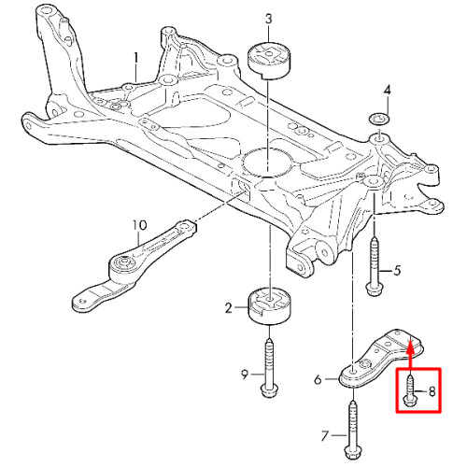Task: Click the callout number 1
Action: coord(135,59)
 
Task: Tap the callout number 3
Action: coord(268,20)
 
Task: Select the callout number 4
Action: coord(387,91)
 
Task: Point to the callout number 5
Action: coord(397,271)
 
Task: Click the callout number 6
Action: coord(318,379)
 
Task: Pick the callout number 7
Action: coord(325,436)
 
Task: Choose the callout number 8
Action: coord(432,391)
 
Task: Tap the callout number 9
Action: coord(245,375)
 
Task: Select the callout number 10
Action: coord(139,225)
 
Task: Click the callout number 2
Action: coord(229,308)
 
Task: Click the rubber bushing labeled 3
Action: coord(268,60)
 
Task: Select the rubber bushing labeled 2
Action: coord(269,306)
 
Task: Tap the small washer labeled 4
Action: coord(378,120)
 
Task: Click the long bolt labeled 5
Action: coord(375,266)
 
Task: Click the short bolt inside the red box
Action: coord(410,391)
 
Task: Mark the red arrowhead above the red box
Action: coord(411,347)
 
